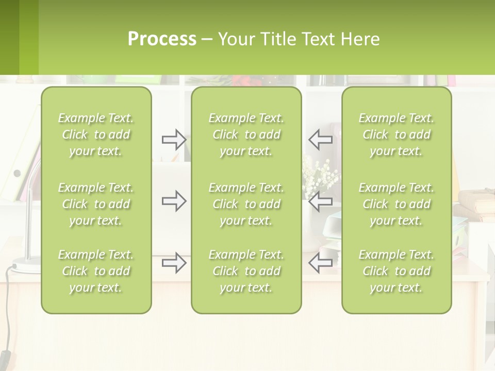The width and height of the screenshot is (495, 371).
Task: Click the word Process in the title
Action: [x=162, y=39]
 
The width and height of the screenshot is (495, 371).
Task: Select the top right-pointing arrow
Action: [x=174, y=139]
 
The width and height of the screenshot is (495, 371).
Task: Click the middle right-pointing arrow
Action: [x=174, y=201]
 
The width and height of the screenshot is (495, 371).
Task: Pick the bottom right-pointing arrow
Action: [x=174, y=263]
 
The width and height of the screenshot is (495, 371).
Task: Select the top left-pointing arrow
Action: [x=320, y=139]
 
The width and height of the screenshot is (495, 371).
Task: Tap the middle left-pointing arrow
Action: [x=320, y=201]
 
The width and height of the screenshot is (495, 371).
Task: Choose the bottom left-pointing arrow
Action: [x=320, y=263]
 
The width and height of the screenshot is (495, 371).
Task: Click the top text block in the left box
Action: [x=96, y=134]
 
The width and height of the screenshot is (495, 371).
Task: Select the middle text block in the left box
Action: [x=96, y=204]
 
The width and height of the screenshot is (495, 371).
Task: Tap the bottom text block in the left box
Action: [x=96, y=271]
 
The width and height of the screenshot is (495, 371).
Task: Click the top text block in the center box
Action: [x=246, y=134]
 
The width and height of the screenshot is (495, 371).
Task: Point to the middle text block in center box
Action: [x=246, y=204]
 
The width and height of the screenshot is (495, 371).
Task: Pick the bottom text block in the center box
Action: [x=246, y=271]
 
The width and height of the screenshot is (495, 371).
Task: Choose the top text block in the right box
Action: [x=397, y=134]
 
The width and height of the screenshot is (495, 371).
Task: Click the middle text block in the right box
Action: [x=397, y=204]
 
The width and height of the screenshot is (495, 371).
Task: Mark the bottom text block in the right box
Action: [x=397, y=271]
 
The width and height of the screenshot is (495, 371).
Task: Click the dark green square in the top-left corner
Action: [x=9, y=37]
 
